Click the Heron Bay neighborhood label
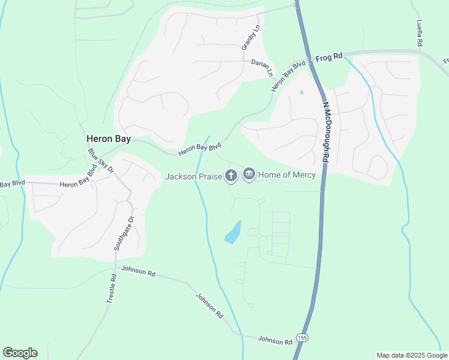coord(109,138)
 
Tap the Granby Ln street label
coord(252,37)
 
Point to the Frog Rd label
coord(329,56)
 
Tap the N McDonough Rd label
coord(326,132)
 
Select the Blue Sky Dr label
coord(100,160)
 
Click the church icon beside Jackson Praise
coord(231,175)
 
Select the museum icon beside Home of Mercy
coord(249,175)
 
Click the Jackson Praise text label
coord(193,176)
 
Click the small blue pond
coord(234,232)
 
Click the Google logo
coord(20,353)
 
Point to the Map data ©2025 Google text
coord(412,355)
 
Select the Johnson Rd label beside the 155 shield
coord(275,340)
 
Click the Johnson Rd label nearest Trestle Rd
coord(138,271)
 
